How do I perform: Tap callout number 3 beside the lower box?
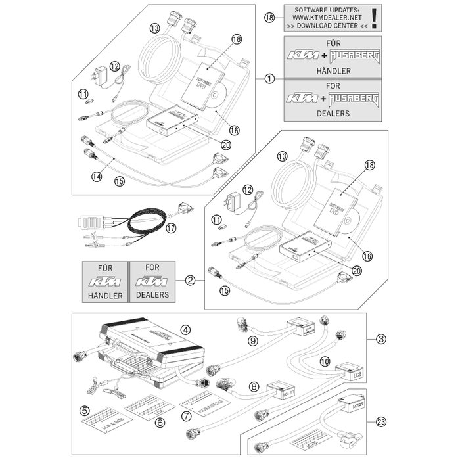[381, 339]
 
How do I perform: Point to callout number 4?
[186, 329]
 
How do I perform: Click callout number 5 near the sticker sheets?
[84, 411]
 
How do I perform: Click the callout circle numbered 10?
[324, 361]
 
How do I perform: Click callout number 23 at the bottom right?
[381, 423]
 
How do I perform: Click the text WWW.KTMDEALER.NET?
[324, 18]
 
